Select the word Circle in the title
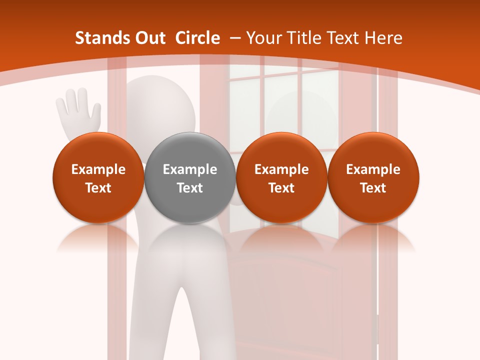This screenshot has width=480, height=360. [x=197, y=38]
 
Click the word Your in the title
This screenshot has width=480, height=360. [x=263, y=38]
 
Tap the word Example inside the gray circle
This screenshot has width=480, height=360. [x=190, y=169]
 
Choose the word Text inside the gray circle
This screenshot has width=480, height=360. [x=190, y=188]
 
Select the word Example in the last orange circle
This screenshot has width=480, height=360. [x=373, y=169]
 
